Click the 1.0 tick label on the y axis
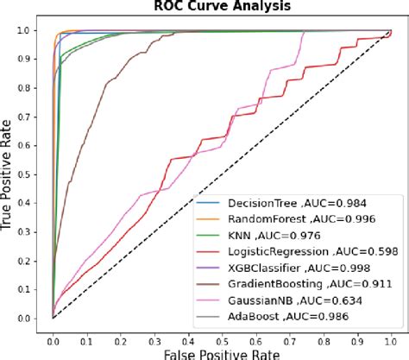(32, 30)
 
